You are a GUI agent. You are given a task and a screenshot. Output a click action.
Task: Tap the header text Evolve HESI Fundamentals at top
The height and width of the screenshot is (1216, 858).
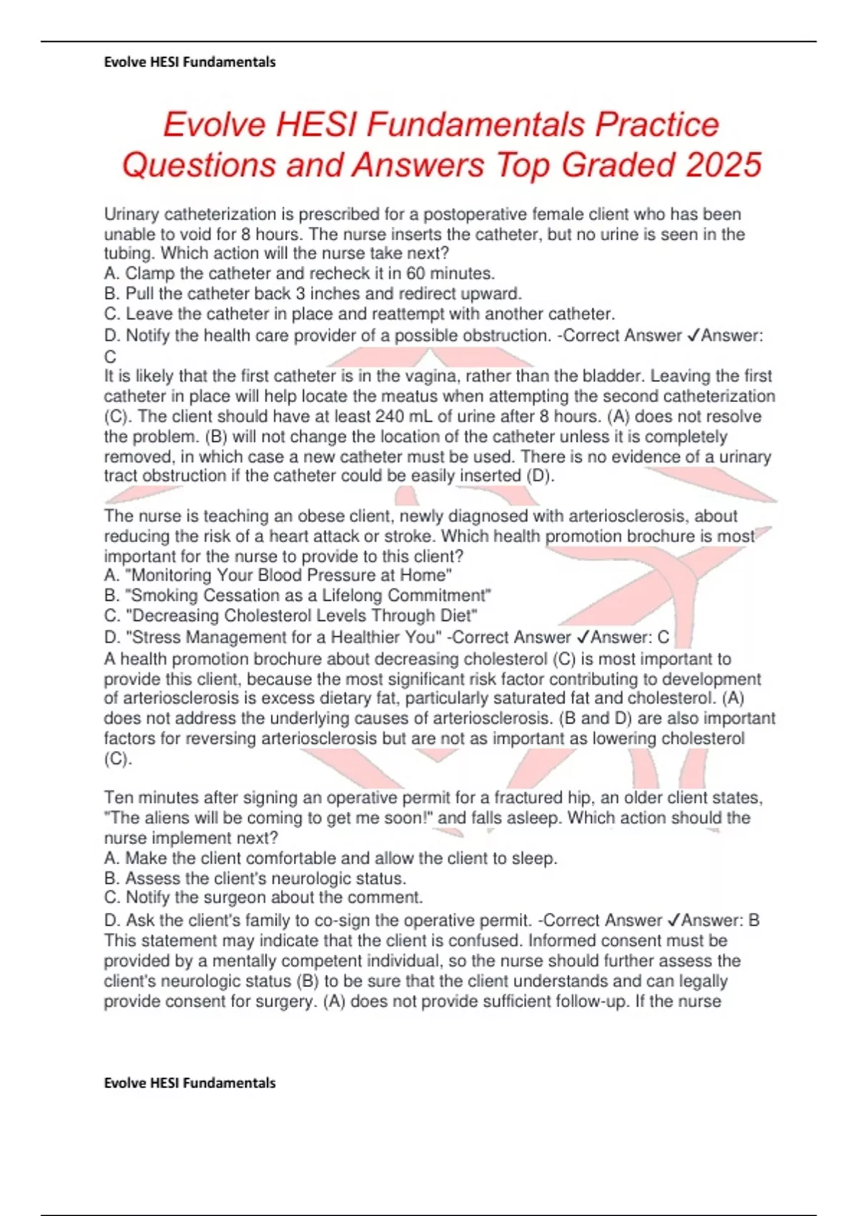pos(189,62)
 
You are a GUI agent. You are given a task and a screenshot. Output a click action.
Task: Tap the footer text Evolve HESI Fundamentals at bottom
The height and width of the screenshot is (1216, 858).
pos(189,1083)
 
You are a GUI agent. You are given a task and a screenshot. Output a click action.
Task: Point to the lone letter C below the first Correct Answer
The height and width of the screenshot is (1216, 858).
pos(110,356)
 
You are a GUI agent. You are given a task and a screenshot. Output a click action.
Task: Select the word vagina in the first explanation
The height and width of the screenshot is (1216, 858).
pos(432,376)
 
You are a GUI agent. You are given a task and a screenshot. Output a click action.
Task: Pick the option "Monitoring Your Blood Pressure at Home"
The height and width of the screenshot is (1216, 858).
pos(278,575)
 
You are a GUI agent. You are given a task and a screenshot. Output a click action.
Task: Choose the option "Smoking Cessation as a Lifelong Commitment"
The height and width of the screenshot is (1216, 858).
pos(298,595)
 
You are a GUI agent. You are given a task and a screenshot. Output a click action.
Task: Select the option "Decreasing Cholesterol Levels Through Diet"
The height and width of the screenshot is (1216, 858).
pos(291,615)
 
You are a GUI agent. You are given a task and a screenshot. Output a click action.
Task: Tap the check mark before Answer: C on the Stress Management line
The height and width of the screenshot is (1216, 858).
pos(582,637)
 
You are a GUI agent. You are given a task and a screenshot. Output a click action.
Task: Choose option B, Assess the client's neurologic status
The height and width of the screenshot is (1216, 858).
pos(255,878)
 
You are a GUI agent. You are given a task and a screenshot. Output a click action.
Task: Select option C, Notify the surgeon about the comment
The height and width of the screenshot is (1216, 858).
pos(264,897)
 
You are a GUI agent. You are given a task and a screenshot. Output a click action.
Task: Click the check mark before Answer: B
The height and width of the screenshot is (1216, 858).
pos(673,920)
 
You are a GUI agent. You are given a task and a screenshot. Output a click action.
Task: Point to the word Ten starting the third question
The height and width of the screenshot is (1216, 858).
pos(118,798)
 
